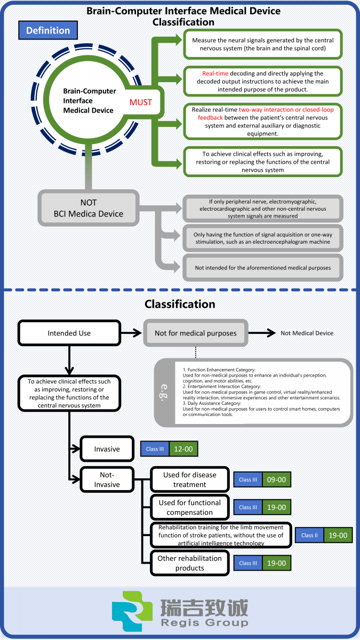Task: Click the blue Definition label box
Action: click(x=48, y=30)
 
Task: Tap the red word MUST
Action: click(x=141, y=102)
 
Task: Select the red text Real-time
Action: click(x=215, y=74)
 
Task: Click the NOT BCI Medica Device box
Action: click(x=89, y=208)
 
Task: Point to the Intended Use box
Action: click(x=69, y=333)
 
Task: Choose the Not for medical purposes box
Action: click(x=196, y=333)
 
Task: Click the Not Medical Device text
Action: click(x=307, y=333)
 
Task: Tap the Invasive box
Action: click(x=107, y=449)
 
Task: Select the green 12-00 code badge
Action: click(x=183, y=449)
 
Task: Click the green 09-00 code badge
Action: click(x=276, y=479)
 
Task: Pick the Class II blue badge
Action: click(x=309, y=535)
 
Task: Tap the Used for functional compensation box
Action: click(x=190, y=507)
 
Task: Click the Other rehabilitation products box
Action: click(x=190, y=563)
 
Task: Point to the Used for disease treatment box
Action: click(x=190, y=479)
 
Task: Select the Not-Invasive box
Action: click(x=107, y=479)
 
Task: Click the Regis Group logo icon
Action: click(x=132, y=611)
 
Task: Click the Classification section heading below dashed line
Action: click(x=180, y=304)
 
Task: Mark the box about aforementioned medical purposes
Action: click(x=263, y=268)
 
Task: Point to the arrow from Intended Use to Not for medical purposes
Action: click(x=131, y=333)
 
